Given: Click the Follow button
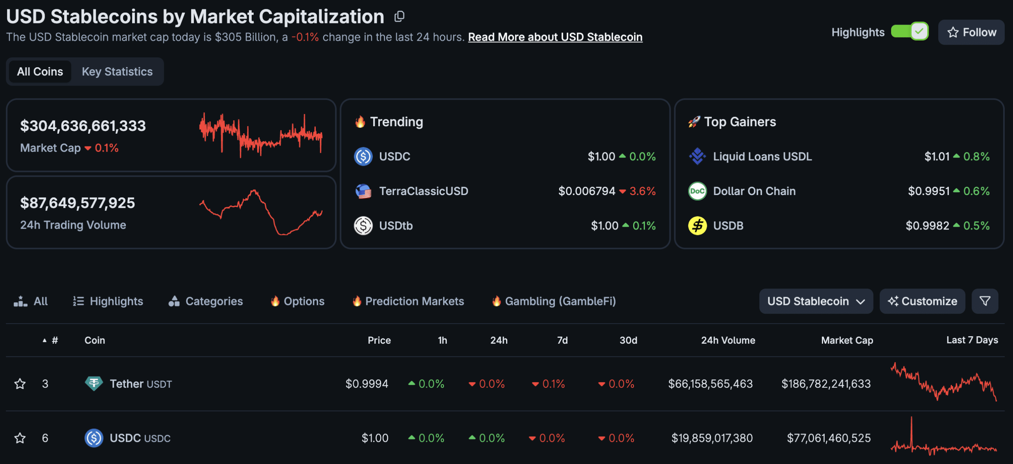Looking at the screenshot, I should (971, 32).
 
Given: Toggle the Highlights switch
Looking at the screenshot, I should (909, 32).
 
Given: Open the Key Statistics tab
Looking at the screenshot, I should (117, 72).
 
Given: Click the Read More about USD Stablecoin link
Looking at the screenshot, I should (555, 37).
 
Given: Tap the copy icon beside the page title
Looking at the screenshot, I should (399, 17).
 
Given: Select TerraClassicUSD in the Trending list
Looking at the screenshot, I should (423, 191).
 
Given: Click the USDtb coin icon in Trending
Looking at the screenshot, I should (363, 226).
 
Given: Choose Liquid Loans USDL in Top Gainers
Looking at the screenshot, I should (762, 157).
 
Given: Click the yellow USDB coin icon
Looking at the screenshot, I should (697, 226).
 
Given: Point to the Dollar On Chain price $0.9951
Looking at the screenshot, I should (928, 191).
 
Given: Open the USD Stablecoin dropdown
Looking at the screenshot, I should (816, 301).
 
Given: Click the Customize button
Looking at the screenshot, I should (922, 301).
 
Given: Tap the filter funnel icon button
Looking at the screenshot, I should (985, 301).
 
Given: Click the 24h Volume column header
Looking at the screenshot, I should (728, 340).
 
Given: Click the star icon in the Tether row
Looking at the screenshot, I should (20, 384).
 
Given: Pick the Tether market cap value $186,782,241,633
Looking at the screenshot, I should (826, 384).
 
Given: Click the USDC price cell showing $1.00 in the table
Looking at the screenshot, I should (375, 438).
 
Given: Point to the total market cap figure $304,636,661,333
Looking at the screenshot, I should (83, 126).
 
